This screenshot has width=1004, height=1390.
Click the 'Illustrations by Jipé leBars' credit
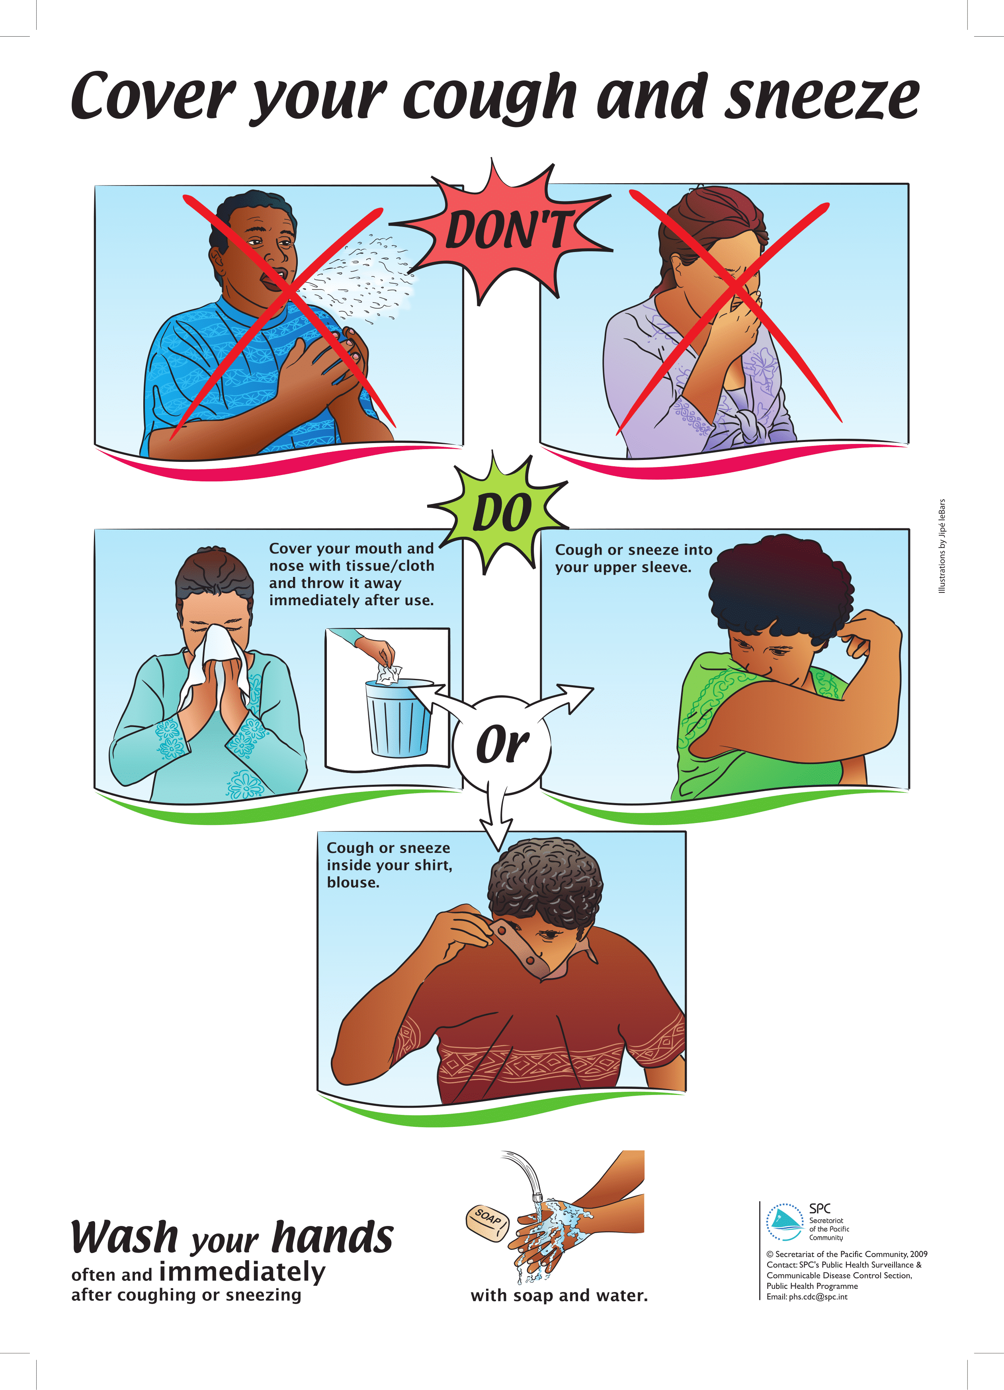click(942, 546)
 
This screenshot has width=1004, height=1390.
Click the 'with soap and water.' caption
click(559, 1296)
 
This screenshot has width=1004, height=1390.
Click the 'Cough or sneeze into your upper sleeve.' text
click(633, 558)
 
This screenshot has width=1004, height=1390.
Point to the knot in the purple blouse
click(749, 424)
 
